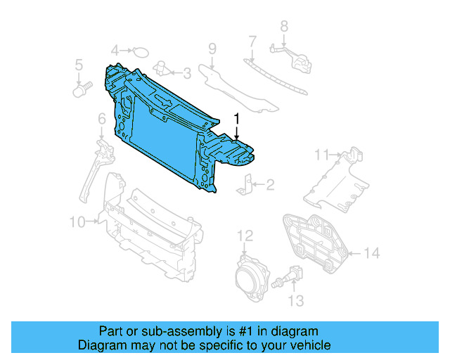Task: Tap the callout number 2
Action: [x=270, y=186]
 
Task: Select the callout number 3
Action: [x=186, y=72]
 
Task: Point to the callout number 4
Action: [x=115, y=50]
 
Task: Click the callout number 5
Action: [x=79, y=67]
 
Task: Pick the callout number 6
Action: [x=102, y=119]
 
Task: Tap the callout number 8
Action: [x=284, y=26]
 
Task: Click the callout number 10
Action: [x=77, y=222]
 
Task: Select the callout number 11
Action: [x=321, y=154]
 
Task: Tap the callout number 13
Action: [x=296, y=301]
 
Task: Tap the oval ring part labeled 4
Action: [x=141, y=51]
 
